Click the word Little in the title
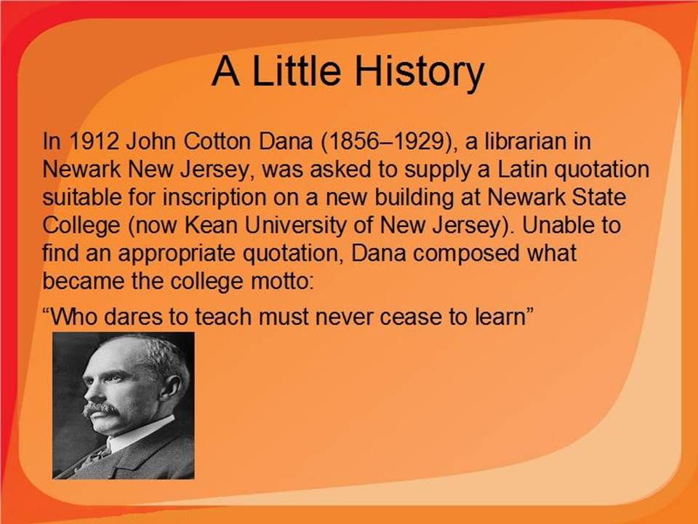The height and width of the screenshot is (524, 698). [x=297, y=71]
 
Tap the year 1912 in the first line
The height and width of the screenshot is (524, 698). [x=95, y=141]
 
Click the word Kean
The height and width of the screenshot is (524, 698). [x=211, y=226]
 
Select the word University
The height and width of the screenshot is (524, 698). [x=295, y=226]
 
